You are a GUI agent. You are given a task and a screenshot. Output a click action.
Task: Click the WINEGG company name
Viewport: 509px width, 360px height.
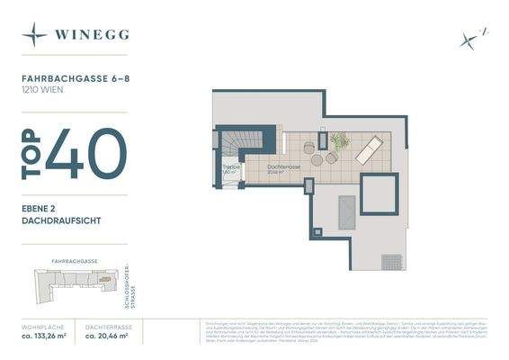click(90, 35)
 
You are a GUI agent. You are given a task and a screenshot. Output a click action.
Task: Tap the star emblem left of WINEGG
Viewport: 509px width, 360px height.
click(35, 35)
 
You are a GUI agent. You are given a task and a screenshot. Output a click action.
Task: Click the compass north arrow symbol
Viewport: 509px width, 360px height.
click(470, 38)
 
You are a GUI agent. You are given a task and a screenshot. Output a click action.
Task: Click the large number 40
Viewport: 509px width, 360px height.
click(86, 154)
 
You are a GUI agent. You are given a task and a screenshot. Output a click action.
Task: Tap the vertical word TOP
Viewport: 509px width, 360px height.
click(31, 154)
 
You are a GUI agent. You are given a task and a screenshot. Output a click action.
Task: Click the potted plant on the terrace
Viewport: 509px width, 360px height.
click(339, 140)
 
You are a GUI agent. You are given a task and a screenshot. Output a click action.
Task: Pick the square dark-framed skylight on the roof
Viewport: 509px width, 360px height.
click(379, 193)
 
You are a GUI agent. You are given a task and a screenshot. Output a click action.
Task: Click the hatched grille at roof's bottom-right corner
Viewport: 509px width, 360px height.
click(391, 262)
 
